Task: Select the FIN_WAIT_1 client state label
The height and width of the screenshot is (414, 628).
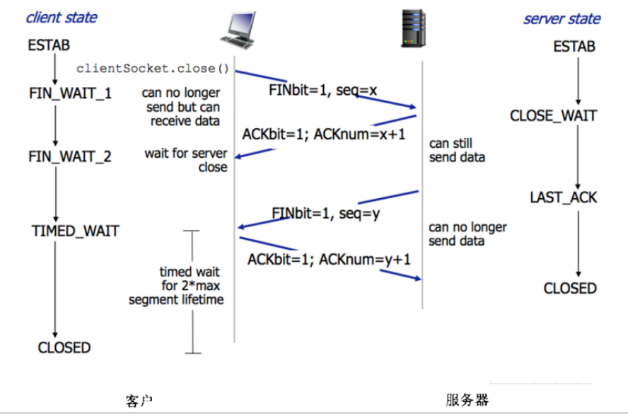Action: point(70,93)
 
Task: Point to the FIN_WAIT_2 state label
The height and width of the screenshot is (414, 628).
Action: point(70,156)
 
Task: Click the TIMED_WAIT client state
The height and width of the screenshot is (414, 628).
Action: point(76,231)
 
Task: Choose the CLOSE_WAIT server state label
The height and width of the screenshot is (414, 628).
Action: point(553,115)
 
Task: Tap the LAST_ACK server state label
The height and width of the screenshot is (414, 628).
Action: point(563,197)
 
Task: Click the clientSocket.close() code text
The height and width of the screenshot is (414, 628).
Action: point(153,68)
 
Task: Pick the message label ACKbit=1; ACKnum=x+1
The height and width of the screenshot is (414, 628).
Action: point(323,134)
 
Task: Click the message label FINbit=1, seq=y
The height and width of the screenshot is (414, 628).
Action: point(326,212)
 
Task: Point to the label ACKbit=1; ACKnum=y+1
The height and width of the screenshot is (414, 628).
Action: point(329,260)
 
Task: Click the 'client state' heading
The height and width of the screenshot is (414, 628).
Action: point(62,17)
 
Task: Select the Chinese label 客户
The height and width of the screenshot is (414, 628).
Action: point(139,400)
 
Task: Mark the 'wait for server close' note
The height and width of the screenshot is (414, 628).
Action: point(187,161)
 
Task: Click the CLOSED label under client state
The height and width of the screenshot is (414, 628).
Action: point(64,347)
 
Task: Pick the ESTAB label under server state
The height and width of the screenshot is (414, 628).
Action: point(574,47)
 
